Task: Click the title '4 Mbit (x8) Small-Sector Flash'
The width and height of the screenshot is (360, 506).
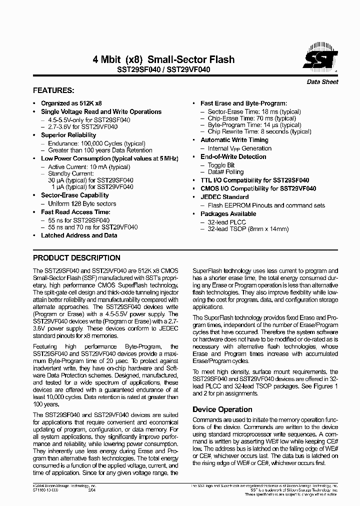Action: pyautogui.click(x=163, y=59)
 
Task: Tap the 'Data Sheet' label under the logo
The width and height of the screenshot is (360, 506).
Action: pyautogui.click(x=322, y=82)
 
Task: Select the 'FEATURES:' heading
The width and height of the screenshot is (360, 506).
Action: pyautogui.click(x=53, y=90)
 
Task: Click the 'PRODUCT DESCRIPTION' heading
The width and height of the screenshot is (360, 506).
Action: pyautogui.click(x=76, y=258)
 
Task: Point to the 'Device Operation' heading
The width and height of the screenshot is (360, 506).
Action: pyautogui.click(x=222, y=409)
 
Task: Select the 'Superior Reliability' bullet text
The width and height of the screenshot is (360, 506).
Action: pyautogui.click(x=68, y=135)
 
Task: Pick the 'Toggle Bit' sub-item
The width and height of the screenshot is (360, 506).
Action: pyautogui.click(x=221, y=165)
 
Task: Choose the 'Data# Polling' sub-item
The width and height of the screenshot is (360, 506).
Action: pyautogui.click(x=225, y=172)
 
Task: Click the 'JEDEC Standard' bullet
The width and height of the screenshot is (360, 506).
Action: pyautogui.click(x=224, y=197)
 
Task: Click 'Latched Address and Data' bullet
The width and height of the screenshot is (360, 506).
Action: pyautogui.click(x=79, y=235)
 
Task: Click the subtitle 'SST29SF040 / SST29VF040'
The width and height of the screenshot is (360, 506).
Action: pyautogui.click(x=163, y=70)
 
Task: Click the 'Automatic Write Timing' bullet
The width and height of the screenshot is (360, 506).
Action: pyautogui.click(x=234, y=140)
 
